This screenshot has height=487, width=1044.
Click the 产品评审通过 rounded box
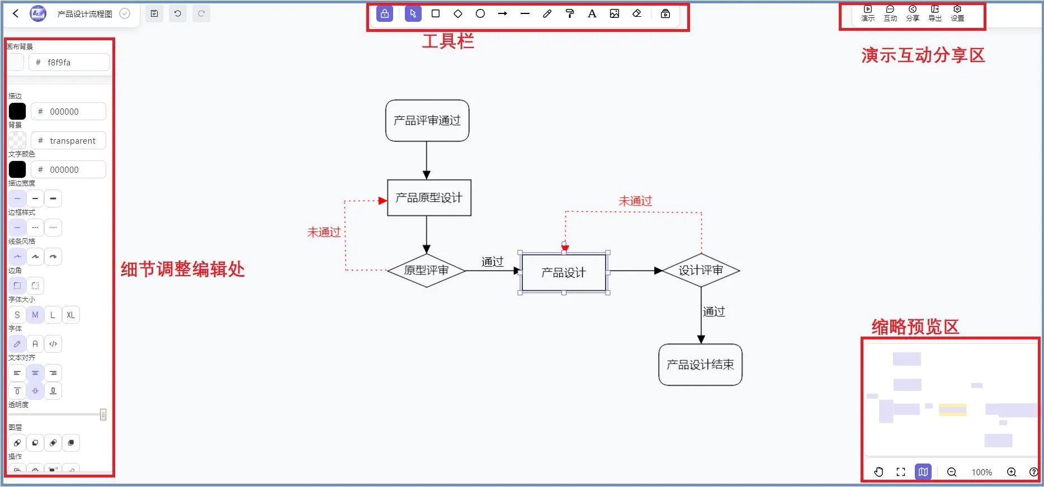pyautogui.click(x=427, y=121)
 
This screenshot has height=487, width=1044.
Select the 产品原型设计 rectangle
pyautogui.click(x=429, y=198)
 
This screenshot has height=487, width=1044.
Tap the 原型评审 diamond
pyautogui.click(x=426, y=271)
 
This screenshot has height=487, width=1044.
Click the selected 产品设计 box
pyautogui.click(x=563, y=273)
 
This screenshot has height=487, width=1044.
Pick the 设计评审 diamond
pyautogui.click(x=701, y=271)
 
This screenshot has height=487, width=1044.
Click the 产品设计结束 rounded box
pyautogui.click(x=700, y=365)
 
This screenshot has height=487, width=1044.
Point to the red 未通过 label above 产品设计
pyautogui.click(x=635, y=201)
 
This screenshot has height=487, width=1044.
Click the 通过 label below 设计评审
pyautogui.click(x=714, y=312)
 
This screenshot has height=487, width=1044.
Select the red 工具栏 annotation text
pyautogui.click(x=448, y=41)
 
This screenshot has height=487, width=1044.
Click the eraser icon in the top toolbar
pyautogui.click(x=637, y=14)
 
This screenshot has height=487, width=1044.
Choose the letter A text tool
pyautogui.click(x=592, y=14)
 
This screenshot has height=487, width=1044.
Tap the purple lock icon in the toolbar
pyautogui.click(x=385, y=14)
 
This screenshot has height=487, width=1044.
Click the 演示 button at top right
pyautogui.click(x=868, y=13)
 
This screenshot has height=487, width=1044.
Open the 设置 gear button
pyautogui.click(x=957, y=13)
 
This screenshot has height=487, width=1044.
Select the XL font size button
pyautogui.click(x=70, y=315)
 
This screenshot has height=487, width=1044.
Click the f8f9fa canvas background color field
pyautogui.click(x=69, y=63)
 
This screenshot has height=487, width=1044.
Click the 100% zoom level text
pyautogui.click(x=981, y=472)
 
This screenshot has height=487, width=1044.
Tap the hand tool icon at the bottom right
pyautogui.click(x=878, y=472)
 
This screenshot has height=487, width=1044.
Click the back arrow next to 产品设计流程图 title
pyautogui.click(x=16, y=14)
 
